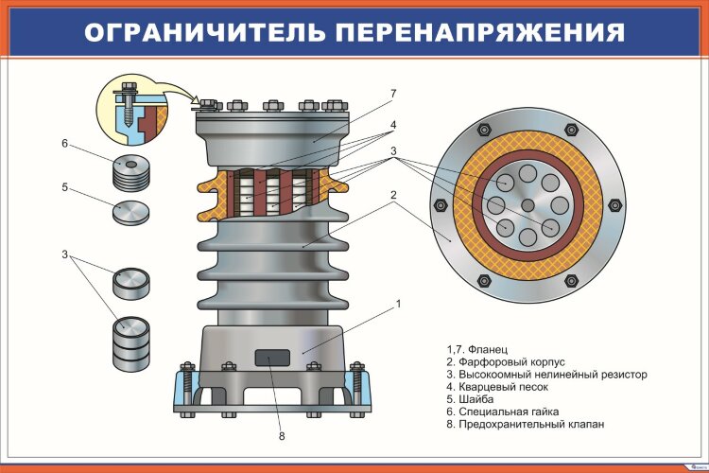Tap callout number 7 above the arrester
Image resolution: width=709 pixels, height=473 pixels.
(x=392, y=93)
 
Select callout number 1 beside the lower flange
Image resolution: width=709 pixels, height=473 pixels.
(x=399, y=304)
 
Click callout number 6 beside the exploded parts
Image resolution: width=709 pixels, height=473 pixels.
(x=65, y=144)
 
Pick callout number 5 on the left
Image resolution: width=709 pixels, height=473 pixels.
(x=65, y=187)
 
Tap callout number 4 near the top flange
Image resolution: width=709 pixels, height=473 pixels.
(x=392, y=124)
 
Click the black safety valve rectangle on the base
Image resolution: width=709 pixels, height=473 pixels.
(x=272, y=357)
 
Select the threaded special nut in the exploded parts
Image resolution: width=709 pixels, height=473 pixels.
(x=131, y=171)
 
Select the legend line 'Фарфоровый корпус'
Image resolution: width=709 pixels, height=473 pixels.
(x=505, y=361)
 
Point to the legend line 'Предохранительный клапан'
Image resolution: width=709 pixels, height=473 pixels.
(x=524, y=424)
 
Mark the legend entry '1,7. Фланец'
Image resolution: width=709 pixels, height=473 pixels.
(x=476, y=349)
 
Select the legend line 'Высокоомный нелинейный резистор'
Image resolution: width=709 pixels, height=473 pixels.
(x=545, y=375)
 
